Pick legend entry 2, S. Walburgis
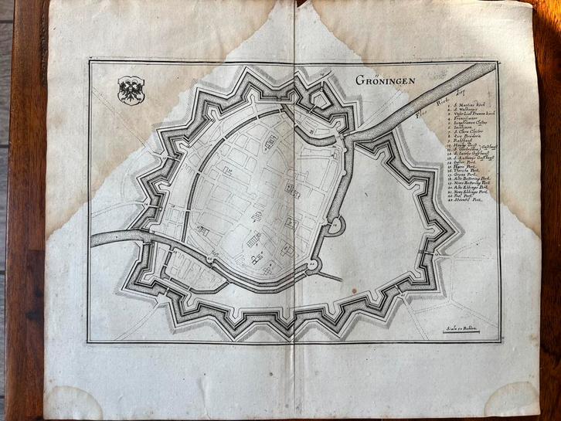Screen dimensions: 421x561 [x=467, y=109]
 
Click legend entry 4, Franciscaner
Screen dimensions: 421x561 [x=467, y=119]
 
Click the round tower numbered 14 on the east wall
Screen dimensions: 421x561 [x=335, y=224]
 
